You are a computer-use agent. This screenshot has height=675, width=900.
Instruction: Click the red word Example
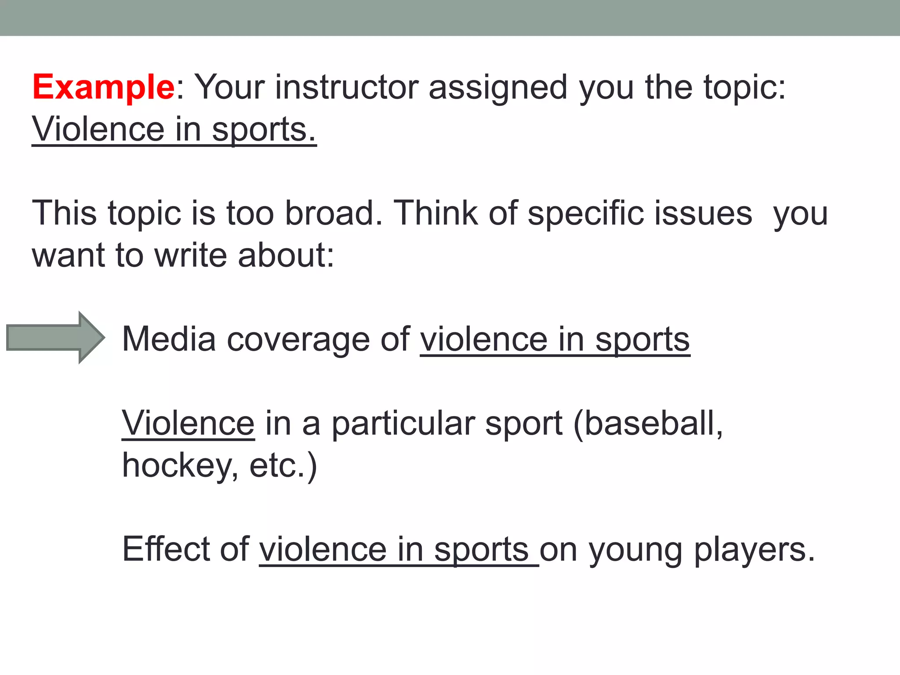[x=104, y=88]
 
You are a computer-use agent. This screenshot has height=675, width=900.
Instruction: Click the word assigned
[x=497, y=88]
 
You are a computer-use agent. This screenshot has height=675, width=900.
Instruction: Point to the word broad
[x=333, y=214]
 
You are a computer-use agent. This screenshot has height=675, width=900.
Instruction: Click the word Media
[x=169, y=339]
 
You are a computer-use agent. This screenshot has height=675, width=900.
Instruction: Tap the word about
[x=285, y=256]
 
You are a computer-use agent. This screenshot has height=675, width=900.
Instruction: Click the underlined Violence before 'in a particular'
[x=188, y=423]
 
